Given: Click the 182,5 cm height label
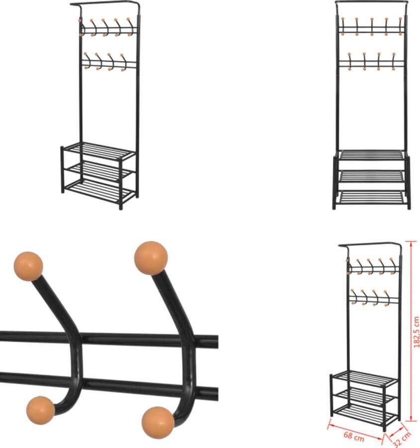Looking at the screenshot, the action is tap(417, 332).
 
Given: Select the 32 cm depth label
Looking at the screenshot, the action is tap(402, 439).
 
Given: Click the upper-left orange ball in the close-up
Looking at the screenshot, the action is tap(28, 266).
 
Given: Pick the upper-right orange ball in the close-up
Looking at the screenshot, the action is tap(151, 258).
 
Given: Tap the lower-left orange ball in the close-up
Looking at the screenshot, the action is tap(40, 410).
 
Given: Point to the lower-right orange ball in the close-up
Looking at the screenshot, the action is tap(158, 423).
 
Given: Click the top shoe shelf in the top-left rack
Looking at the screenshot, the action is tap(99, 151).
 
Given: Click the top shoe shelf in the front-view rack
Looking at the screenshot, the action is tap(371, 155).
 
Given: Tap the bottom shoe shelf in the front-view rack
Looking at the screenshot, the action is tap(371, 198).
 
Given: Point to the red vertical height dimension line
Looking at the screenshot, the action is tap(411, 332).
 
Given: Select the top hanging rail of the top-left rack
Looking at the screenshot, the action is tap(105, 3).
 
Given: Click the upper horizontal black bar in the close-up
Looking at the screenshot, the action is tap(109, 339).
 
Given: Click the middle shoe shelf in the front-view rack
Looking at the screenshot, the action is tap(371, 176).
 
